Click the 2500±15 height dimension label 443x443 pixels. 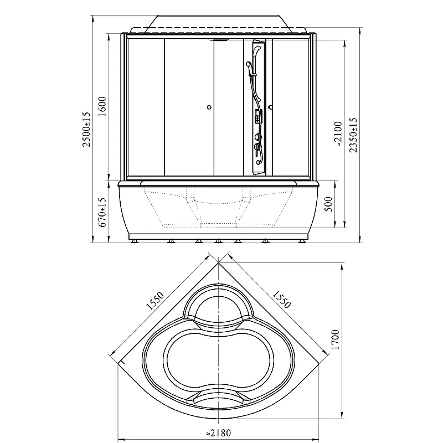[x=86, y=130]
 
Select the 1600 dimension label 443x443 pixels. [x=102, y=106]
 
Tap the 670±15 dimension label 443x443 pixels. [x=102, y=212]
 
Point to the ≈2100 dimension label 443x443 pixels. [x=338, y=134]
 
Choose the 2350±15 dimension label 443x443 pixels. [x=353, y=135]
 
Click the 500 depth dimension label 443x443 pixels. [x=328, y=204]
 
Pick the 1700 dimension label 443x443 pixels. [x=335, y=339]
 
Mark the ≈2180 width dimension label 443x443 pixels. [x=218, y=432]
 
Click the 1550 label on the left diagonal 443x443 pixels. [x=155, y=301]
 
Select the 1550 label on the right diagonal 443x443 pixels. [x=281, y=299]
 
